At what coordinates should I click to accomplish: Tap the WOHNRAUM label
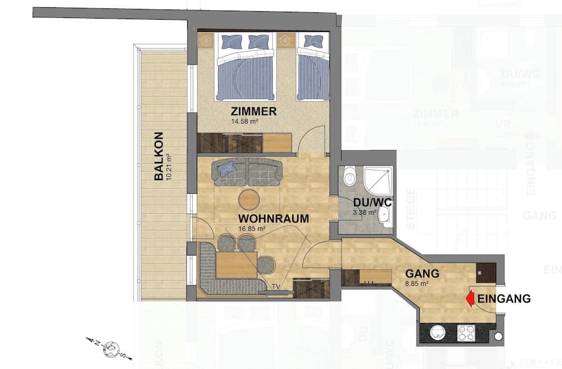[x=273, y=218]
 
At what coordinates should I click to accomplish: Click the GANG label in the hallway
[x=422, y=274]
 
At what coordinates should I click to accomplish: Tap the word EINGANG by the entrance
[x=504, y=299]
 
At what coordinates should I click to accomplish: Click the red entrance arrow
[x=470, y=299]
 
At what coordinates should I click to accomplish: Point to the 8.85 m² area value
[x=417, y=284]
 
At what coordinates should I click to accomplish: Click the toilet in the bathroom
[x=350, y=177]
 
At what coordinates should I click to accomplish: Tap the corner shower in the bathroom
[x=377, y=179]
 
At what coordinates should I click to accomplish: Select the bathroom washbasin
[x=386, y=215]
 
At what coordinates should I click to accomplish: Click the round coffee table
[x=249, y=199]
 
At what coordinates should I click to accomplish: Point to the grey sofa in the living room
[x=248, y=171]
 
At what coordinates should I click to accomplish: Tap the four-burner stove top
[x=467, y=334]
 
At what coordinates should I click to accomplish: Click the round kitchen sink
[x=438, y=333]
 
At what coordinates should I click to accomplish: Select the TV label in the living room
[x=275, y=286]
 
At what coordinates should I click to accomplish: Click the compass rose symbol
[x=111, y=348]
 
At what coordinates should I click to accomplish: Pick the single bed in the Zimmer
[x=312, y=67]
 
